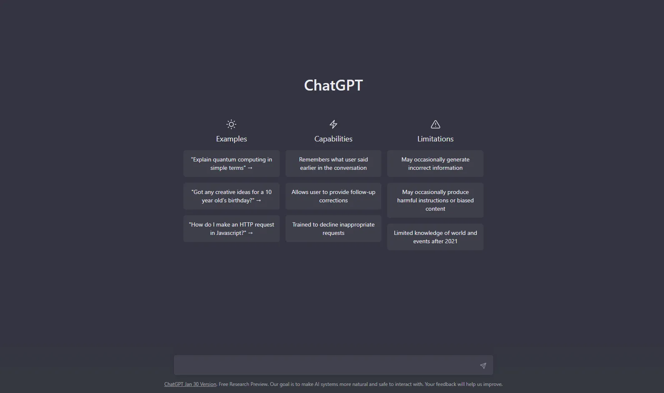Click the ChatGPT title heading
(333, 85)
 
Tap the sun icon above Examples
(231, 124)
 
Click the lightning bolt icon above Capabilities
(333, 124)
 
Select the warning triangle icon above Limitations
(436, 124)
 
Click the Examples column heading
(231, 139)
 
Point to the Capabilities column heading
(333, 139)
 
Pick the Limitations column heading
(435, 139)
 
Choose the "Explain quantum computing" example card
(231, 164)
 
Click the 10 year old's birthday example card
(231, 196)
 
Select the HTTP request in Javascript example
(231, 229)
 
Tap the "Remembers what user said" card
(333, 164)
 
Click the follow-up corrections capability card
(333, 196)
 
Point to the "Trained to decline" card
(333, 229)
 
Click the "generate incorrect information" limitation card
(435, 164)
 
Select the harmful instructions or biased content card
(435, 200)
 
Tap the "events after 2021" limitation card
(435, 237)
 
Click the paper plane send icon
(483, 365)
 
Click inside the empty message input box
(326, 365)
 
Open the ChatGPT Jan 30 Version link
(190, 384)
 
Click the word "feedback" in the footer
(446, 384)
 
